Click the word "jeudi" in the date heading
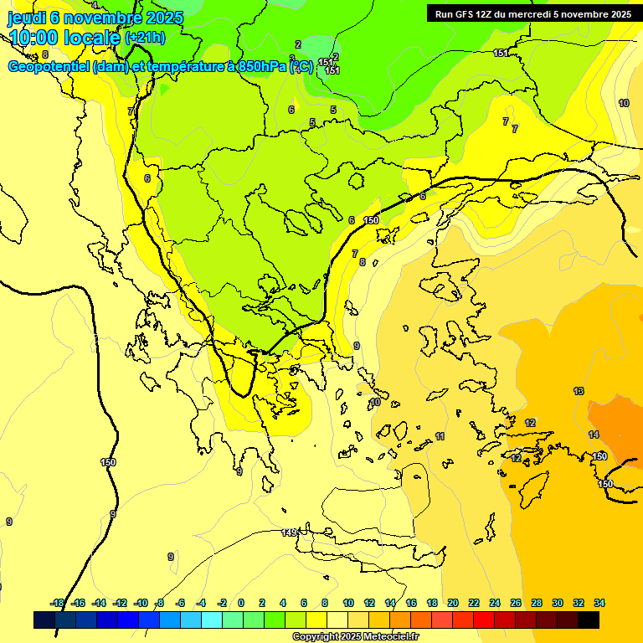point(25,18)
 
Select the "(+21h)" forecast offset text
point(146,38)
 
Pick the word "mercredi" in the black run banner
point(543,14)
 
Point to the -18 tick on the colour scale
point(57,603)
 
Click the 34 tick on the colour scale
point(599,603)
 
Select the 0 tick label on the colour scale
point(241,603)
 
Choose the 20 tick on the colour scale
point(453,603)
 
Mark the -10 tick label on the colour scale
point(141,603)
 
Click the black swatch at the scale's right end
point(589,620)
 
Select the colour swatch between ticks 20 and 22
point(463,620)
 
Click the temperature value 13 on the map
point(579,391)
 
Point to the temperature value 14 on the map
point(594,435)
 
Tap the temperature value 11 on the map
point(440,437)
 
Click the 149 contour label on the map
point(290,532)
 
